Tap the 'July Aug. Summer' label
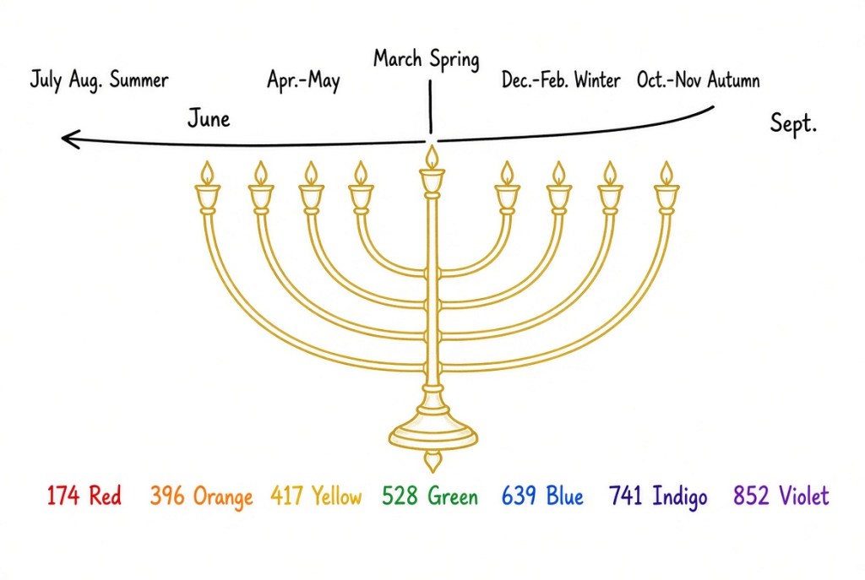point(99,80)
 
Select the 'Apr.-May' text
point(303,80)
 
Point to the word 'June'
point(209,118)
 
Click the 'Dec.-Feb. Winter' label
point(561,80)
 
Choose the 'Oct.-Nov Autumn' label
point(698,80)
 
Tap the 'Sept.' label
point(792,123)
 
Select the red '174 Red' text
point(84,495)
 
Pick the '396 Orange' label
point(201,496)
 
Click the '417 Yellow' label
point(316,496)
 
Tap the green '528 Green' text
point(430,496)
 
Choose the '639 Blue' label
point(542,495)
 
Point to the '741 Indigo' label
point(658,496)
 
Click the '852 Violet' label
point(781,495)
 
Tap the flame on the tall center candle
point(432,157)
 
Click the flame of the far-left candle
point(207,173)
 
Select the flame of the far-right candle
point(666,173)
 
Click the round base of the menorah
point(433,433)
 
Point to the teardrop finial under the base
point(432,461)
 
